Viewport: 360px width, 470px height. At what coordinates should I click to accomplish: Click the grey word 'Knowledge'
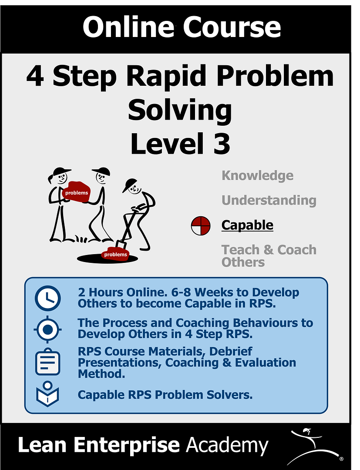pos(258,176)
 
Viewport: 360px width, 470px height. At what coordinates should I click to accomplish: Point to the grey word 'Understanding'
pos(269,200)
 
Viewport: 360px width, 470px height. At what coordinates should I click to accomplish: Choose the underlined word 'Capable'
pos(247,225)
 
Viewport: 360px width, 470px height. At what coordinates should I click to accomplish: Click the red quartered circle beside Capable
pos(201,226)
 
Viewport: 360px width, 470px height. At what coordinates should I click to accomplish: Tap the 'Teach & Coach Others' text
pos(269,256)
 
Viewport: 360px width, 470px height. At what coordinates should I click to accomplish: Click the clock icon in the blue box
pos(47,298)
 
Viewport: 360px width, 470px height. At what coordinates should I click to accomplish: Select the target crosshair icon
pos(48,329)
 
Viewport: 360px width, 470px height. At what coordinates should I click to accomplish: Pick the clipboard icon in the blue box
pos(47,362)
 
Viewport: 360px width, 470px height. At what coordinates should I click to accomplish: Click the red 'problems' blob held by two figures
pos(77,192)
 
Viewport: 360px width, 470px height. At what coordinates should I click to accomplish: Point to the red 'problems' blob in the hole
pos(115,254)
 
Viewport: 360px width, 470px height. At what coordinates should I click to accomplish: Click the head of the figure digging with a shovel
pos(132,186)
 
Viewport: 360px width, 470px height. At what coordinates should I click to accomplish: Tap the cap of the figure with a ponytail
pos(62,171)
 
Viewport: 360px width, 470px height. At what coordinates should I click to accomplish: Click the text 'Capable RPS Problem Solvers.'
pos(165,395)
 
